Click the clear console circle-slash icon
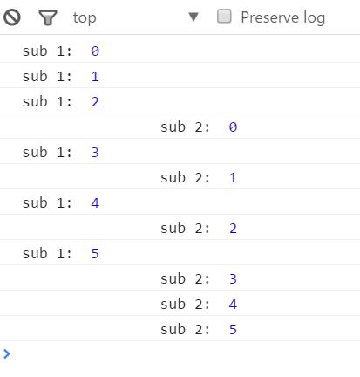click(x=12, y=17)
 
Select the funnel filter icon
click(x=48, y=17)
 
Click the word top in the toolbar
click(x=85, y=18)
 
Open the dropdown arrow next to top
click(x=194, y=17)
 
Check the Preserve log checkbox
click(x=224, y=17)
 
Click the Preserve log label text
click(x=283, y=17)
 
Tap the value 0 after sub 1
click(x=95, y=51)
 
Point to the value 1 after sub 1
click(x=95, y=77)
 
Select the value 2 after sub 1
click(x=95, y=102)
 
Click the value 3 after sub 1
click(x=95, y=153)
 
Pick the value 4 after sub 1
click(x=95, y=203)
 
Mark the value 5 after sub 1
click(x=95, y=254)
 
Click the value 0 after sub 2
click(x=233, y=127)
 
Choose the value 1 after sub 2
click(x=233, y=178)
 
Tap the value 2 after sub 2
click(x=233, y=229)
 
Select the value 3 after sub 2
click(x=233, y=279)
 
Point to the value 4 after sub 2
click(x=233, y=305)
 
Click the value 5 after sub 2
click(x=233, y=330)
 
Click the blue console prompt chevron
click(x=7, y=353)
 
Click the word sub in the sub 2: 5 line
click(x=173, y=329)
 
